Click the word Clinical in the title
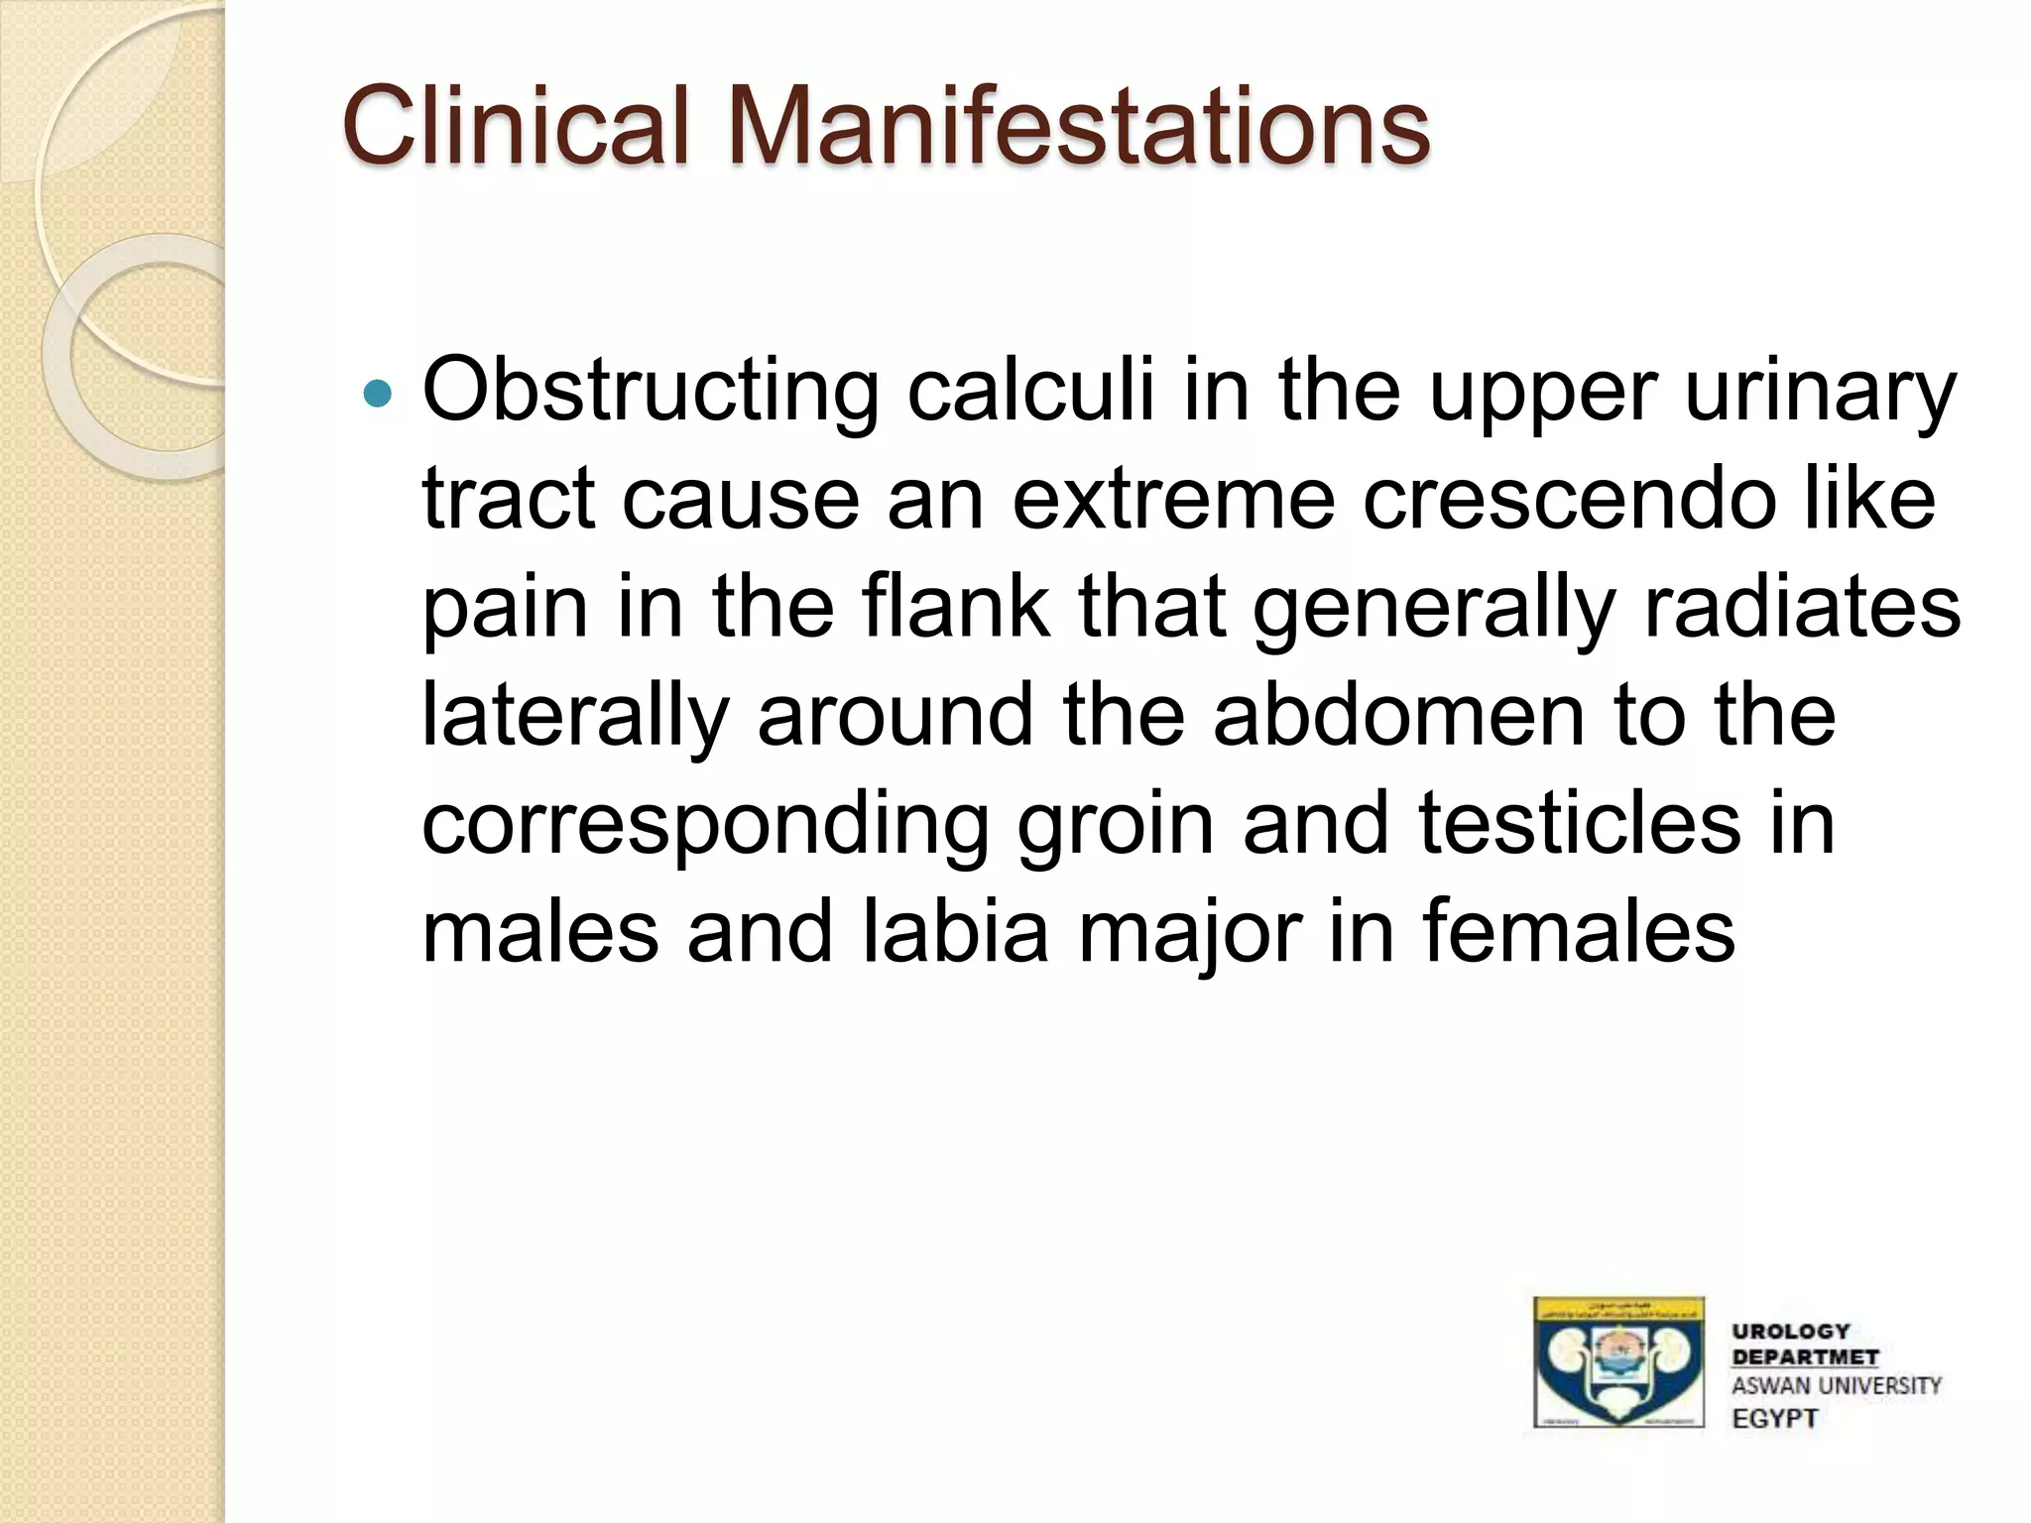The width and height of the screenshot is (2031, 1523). point(515,126)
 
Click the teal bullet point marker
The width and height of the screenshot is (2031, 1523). point(378,395)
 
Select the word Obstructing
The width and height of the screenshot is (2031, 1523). point(651,392)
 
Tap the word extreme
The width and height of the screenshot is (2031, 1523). point(1173,500)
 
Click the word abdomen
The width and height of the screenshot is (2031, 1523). point(1398,715)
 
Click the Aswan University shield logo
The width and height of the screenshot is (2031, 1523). point(1618,1362)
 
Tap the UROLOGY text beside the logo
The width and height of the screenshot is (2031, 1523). point(1791,1332)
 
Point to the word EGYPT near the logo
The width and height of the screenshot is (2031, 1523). point(1775,1419)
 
